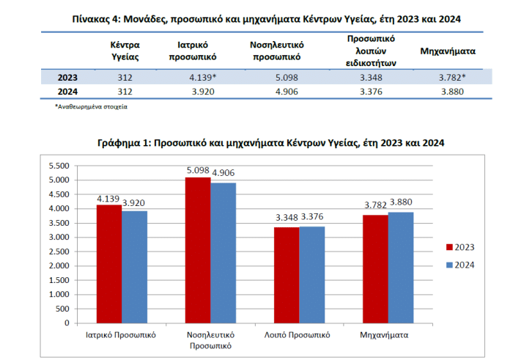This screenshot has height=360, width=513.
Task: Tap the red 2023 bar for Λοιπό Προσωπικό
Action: coord(287,274)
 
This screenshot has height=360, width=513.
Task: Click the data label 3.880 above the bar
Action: coord(401,202)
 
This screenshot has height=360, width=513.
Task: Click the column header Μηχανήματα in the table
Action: coord(449,51)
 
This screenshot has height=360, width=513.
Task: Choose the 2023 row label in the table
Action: coord(67,76)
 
